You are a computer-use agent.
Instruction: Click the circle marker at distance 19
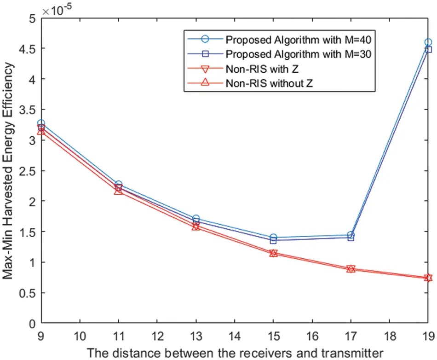pyautogui.click(x=428, y=42)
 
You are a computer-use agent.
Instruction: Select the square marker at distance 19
pyautogui.click(x=428, y=50)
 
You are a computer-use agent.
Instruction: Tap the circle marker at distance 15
pyautogui.click(x=273, y=238)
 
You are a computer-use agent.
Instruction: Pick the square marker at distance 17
pyautogui.click(x=351, y=238)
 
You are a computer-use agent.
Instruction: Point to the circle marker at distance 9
pyautogui.click(x=41, y=123)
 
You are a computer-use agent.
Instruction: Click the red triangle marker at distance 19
pyautogui.click(x=428, y=278)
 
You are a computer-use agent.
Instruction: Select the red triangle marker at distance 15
pyautogui.click(x=273, y=253)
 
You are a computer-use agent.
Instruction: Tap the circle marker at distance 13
pyautogui.click(x=196, y=219)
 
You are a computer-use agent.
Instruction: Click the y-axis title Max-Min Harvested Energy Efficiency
pyautogui.click(x=8, y=171)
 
